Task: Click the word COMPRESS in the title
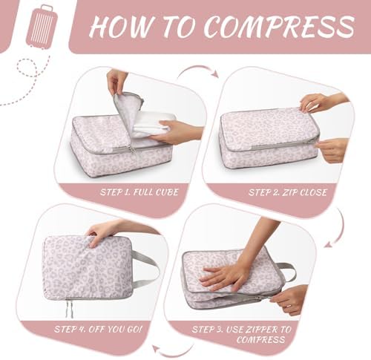279,26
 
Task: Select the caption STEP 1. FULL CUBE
139,192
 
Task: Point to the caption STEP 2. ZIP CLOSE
288,192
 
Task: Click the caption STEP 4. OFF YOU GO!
98,329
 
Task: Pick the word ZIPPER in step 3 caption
263,330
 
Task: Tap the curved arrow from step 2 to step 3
339,229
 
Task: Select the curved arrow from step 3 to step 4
172,351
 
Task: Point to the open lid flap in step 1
128,111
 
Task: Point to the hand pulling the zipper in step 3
289,299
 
